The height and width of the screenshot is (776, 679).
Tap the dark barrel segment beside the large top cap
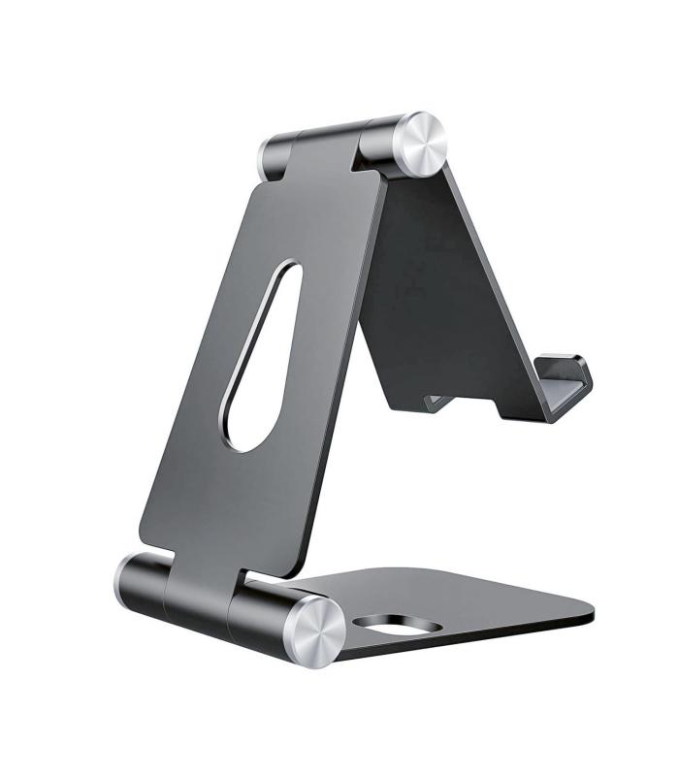[381, 146]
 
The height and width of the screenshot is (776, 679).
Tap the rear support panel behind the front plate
[436, 291]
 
